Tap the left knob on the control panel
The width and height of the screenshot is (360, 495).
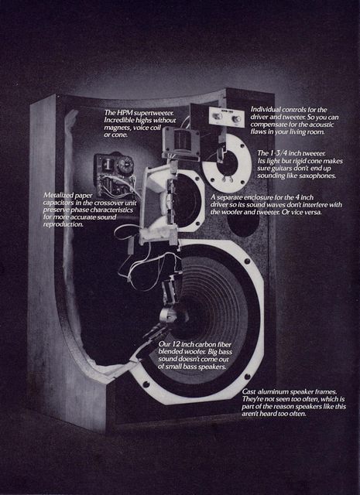coord(217,116)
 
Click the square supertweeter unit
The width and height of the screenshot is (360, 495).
coord(181,140)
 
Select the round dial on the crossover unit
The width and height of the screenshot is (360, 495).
coord(125,163)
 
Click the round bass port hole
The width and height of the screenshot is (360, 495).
coord(243,222)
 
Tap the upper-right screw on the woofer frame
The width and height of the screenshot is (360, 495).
coord(247,261)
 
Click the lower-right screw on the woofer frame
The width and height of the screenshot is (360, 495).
coord(248,377)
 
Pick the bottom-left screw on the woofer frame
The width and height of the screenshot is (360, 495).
coord(146,384)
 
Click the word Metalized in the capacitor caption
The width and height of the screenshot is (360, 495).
coord(55,195)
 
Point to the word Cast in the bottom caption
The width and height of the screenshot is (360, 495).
coord(249,392)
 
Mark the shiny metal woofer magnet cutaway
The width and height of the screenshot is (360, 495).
coord(167,315)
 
